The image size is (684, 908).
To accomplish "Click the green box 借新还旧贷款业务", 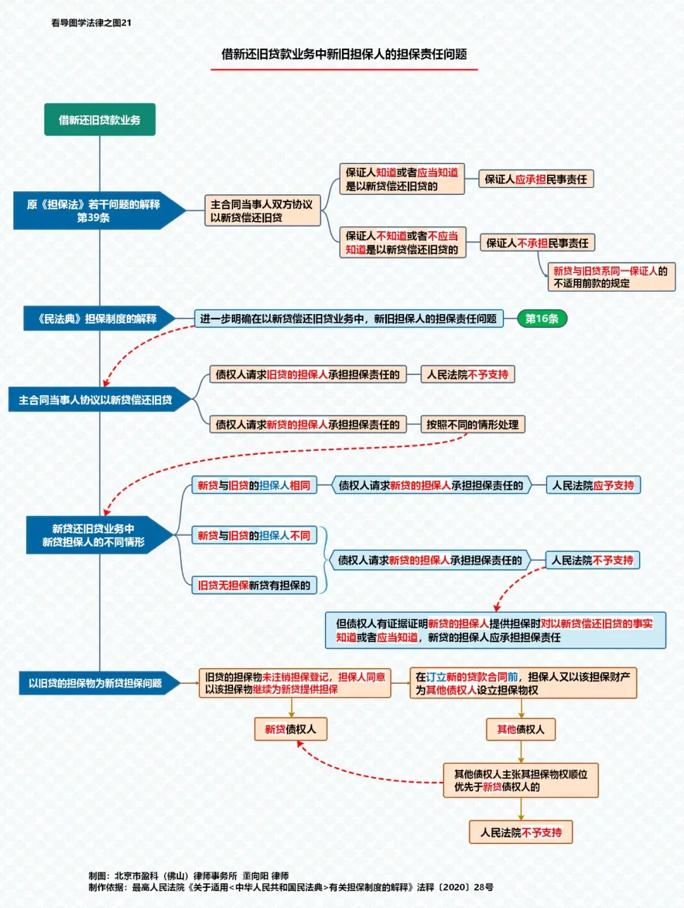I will [x=99, y=120].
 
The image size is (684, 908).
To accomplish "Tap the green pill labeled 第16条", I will [x=541, y=318].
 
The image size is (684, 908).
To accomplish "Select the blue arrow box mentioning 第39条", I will [x=94, y=211].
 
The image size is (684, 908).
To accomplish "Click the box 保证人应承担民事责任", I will [x=535, y=179].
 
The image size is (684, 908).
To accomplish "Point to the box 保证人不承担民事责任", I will [x=537, y=243].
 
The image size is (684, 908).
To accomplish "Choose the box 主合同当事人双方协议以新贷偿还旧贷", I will [x=262, y=211].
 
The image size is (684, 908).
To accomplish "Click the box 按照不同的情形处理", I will [x=472, y=424].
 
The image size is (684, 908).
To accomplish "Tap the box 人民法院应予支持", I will [x=593, y=485].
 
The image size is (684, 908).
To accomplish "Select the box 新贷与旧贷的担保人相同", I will [x=254, y=485].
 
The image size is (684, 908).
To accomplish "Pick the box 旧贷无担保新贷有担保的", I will [x=254, y=585].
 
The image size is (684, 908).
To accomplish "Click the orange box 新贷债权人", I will [x=290, y=729].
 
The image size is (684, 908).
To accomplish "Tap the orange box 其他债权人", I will [x=521, y=729].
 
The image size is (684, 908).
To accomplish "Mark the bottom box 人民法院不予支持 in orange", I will [x=521, y=832].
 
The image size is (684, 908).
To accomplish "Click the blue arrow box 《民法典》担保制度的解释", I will [x=96, y=318].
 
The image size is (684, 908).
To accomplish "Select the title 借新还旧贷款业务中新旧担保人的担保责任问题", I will [x=344, y=54].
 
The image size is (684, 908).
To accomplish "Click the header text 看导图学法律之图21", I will [x=91, y=23].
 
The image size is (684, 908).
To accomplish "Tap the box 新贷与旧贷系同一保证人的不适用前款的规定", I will [x=611, y=277].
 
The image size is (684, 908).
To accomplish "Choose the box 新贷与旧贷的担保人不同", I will [x=254, y=536].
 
